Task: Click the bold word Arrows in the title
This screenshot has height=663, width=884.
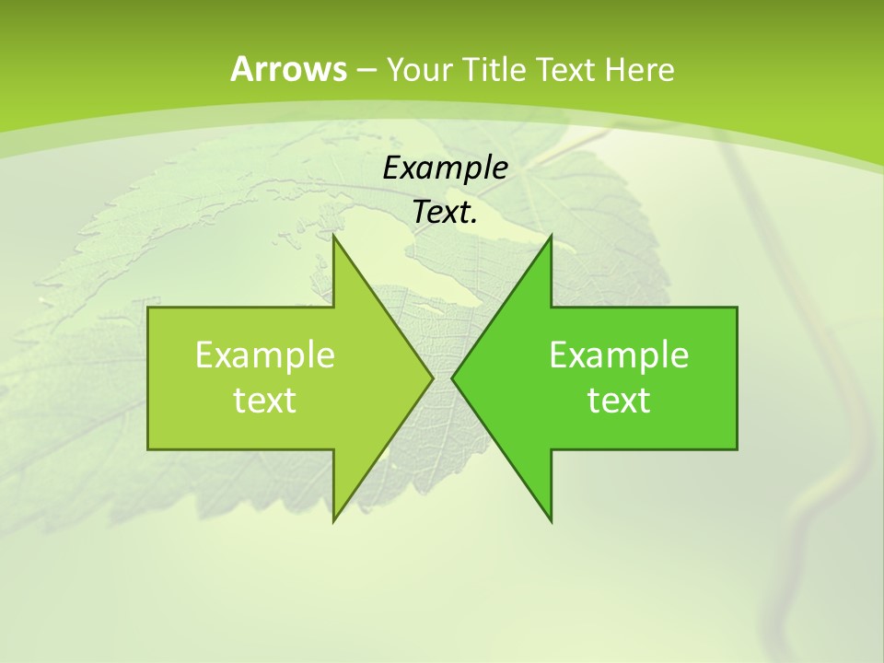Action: [288, 69]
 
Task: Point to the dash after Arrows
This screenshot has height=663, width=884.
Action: [366, 70]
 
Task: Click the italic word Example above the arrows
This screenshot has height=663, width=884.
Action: [445, 169]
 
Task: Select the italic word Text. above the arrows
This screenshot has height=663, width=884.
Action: [445, 213]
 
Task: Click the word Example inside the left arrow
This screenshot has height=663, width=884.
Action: [265, 355]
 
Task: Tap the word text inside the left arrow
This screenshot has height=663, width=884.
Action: [265, 401]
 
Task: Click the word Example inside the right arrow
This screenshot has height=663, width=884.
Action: [619, 355]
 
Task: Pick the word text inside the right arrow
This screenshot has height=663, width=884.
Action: [619, 401]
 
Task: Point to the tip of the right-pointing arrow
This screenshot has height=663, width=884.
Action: [432, 378]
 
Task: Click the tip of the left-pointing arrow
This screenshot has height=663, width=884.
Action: [453, 378]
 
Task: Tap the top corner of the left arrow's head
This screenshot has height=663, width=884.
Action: [334, 237]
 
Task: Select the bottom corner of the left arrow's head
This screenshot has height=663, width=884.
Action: [334, 521]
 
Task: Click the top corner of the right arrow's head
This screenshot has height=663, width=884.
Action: [551, 237]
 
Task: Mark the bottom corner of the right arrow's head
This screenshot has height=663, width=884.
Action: [551, 521]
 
